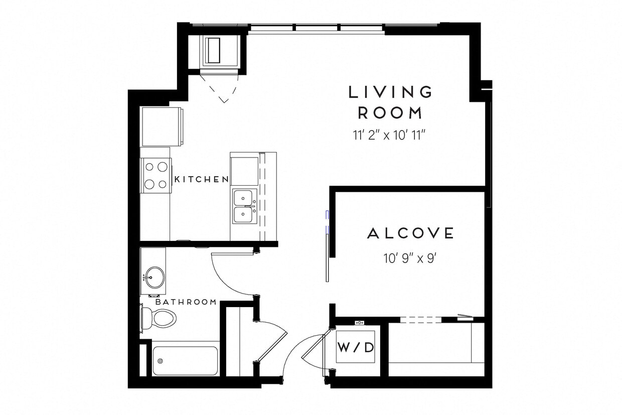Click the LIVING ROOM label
click(391, 102)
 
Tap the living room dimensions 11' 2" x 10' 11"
click(391, 135)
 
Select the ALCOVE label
click(411, 233)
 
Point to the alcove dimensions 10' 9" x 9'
click(411, 259)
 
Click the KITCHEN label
click(201, 179)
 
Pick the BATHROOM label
click(186, 302)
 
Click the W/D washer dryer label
click(355, 347)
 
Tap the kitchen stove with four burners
click(155, 175)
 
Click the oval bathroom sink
click(154, 277)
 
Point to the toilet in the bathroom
click(160, 317)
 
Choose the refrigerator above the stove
click(162, 126)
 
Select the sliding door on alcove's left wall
click(327, 246)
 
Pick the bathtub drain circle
click(161, 361)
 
